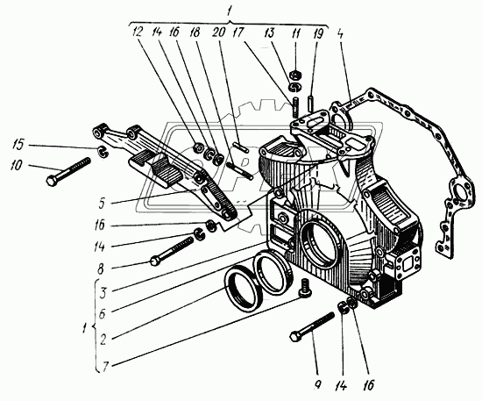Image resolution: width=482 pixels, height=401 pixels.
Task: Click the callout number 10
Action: click(17, 165)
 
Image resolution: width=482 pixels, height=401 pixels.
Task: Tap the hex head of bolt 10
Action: click(51, 181)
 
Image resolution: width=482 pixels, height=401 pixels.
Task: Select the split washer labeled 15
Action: click(102, 152)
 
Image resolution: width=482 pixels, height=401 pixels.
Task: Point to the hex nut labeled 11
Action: click(295, 75)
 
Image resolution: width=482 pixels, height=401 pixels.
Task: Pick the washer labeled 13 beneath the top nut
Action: click(295, 87)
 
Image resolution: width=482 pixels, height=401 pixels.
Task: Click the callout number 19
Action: click(318, 34)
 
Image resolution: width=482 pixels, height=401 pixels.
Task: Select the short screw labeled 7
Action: click(304, 288)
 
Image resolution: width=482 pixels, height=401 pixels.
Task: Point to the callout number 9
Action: click(318, 383)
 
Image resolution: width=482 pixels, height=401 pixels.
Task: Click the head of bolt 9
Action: click(294, 336)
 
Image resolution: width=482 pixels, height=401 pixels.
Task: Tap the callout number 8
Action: click(101, 269)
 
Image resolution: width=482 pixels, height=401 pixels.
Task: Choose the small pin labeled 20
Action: click(240, 147)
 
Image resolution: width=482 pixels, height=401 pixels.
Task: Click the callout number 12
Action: click(137, 32)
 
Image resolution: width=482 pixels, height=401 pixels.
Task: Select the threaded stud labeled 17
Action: click(295, 107)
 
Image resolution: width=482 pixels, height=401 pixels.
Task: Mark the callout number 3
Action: click(103, 292)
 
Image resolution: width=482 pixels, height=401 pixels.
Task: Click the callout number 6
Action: click(103, 313)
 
